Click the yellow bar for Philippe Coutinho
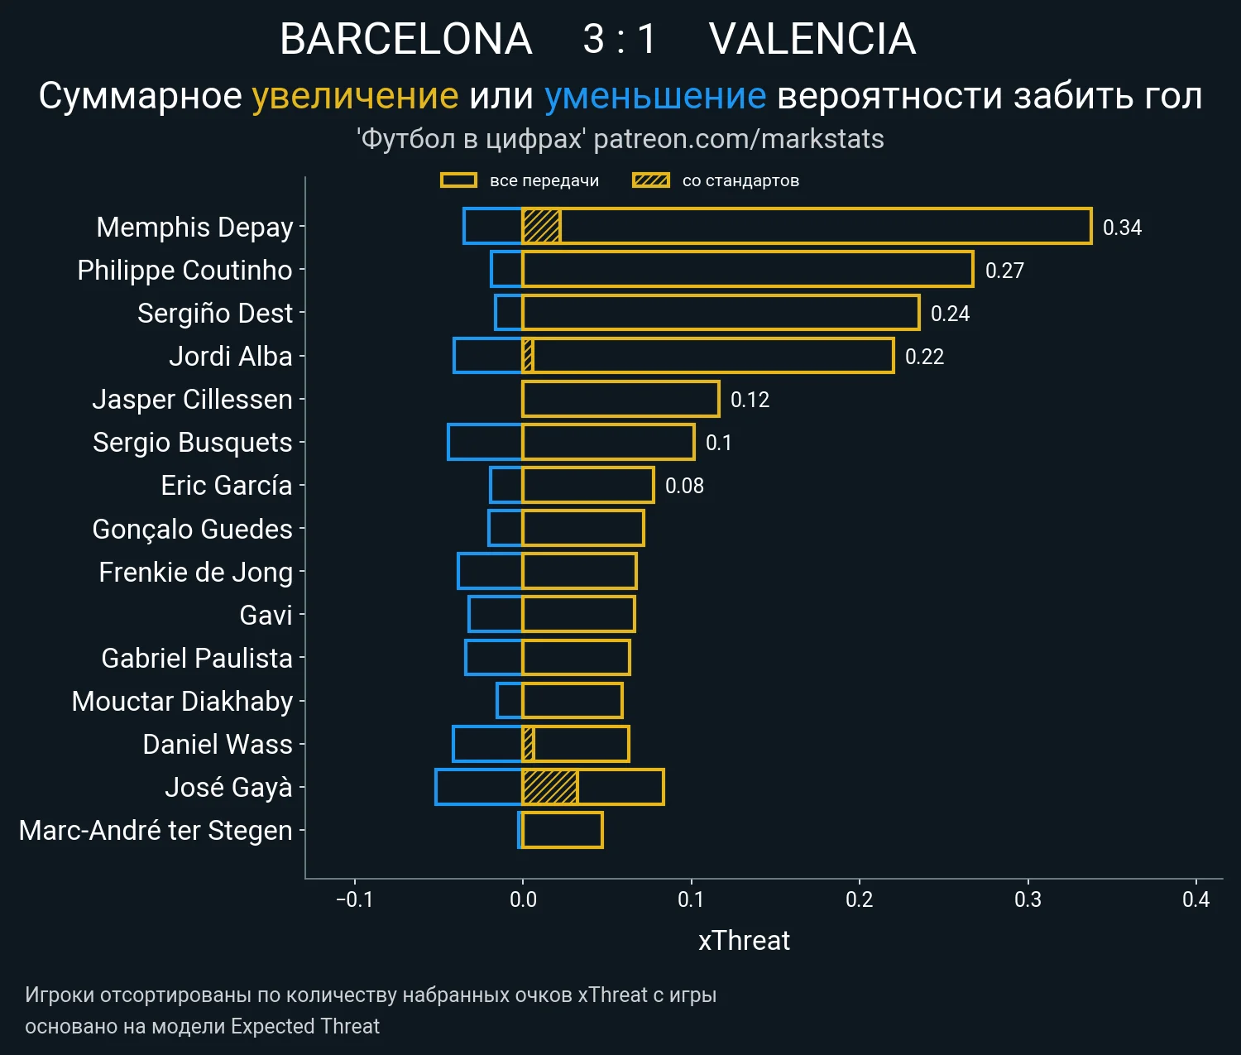click(747, 270)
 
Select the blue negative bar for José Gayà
click(478, 787)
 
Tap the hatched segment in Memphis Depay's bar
click(542, 227)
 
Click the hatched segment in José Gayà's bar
click(550, 787)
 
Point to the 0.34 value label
click(1122, 228)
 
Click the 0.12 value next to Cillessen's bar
click(750, 400)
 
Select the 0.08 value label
click(684, 486)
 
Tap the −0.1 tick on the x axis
click(354, 899)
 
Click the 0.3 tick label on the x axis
click(1028, 899)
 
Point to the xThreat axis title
click(744, 941)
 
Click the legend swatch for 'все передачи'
click(458, 180)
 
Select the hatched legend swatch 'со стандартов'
click(650, 180)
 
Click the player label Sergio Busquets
click(192, 443)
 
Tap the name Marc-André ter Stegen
click(156, 830)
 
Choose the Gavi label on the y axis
click(266, 615)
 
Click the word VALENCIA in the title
click(812, 39)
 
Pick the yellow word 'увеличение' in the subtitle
click(355, 96)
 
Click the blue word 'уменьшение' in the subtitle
click(655, 96)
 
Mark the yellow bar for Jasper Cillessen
click(620, 399)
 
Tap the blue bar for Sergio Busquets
click(485, 442)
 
